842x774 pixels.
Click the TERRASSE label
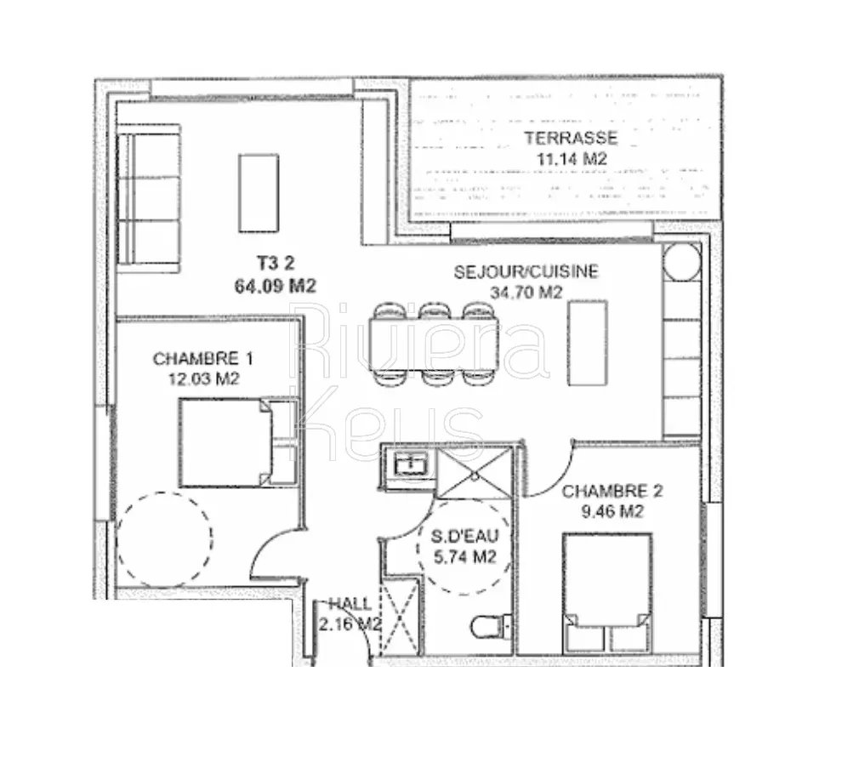point(571,138)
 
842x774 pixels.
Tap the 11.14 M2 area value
point(572,159)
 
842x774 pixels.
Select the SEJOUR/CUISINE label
point(526,272)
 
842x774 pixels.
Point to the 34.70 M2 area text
point(526,293)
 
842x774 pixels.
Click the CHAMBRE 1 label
point(203,358)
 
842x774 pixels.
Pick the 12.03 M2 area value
point(204,379)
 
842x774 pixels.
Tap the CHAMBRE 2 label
point(612,491)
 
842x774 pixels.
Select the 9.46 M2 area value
point(612,512)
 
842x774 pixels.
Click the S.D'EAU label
point(465,536)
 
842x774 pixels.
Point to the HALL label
point(350,604)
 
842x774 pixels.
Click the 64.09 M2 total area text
point(275,286)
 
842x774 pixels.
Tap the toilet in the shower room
point(491,626)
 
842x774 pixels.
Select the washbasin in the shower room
point(412,464)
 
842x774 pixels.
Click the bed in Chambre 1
point(237,442)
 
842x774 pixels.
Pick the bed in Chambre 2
point(607,593)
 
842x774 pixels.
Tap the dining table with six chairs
point(434,344)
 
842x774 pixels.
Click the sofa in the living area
point(149,199)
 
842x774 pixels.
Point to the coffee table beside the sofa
point(259,193)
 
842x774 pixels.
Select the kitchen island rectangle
point(588,343)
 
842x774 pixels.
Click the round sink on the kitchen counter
point(681,263)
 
